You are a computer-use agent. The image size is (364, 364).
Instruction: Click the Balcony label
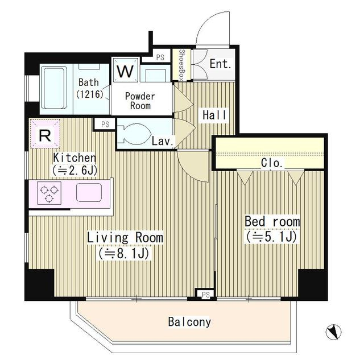189,322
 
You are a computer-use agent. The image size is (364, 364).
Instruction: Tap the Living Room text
125,237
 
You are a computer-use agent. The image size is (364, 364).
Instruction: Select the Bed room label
272,221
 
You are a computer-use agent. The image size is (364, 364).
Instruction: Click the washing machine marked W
125,70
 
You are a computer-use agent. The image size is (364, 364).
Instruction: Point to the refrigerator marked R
45,134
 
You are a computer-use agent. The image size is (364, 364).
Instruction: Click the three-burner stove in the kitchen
49,193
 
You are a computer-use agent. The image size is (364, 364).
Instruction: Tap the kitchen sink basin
89,192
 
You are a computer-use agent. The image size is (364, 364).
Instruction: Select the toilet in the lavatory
134,134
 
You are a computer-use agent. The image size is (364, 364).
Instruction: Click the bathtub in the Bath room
53,88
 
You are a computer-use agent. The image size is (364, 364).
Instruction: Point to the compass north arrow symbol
333,332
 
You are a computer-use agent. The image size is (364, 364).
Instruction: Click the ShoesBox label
182,65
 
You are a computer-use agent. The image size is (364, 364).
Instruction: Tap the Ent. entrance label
220,63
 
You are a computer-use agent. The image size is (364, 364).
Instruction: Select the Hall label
214,115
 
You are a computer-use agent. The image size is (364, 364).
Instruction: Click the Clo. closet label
272,163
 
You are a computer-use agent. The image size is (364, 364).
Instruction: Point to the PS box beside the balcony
206,295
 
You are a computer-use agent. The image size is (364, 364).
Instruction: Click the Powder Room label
140,101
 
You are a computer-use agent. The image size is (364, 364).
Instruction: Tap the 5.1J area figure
271,237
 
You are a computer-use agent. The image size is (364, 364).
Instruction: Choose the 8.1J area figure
123,253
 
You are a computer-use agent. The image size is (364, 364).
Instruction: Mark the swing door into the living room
193,166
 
